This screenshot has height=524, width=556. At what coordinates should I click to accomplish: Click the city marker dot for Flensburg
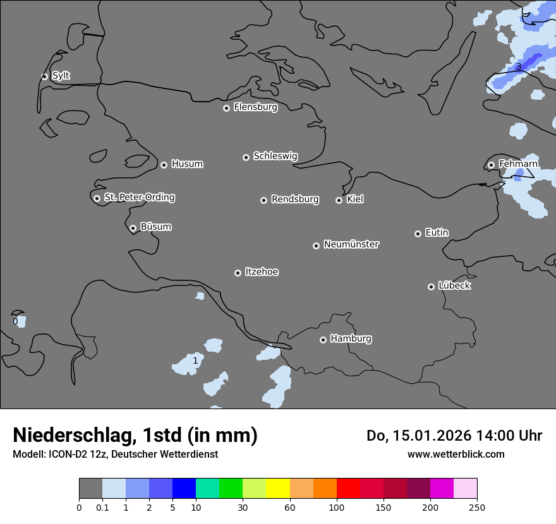[226, 108]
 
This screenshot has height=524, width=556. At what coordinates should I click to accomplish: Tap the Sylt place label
[61, 76]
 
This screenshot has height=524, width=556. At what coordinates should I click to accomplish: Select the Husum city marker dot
[164, 165]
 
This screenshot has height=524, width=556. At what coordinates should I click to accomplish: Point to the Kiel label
[355, 199]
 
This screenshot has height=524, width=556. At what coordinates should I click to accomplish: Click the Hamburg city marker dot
[323, 340]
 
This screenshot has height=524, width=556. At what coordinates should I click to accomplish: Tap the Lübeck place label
[454, 286]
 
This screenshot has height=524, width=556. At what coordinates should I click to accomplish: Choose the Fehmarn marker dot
[491, 165]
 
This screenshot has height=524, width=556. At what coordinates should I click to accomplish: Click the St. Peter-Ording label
[139, 198]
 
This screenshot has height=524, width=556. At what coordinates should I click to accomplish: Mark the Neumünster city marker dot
[316, 246]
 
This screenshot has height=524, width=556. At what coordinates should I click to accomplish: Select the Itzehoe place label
[262, 272]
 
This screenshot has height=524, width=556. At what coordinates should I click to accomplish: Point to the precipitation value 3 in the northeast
[518, 67]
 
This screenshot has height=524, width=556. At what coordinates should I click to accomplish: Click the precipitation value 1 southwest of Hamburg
[195, 361]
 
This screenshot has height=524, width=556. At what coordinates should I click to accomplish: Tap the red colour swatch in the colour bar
[348, 489]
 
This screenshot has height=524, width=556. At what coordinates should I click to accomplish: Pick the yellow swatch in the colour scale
[277, 489]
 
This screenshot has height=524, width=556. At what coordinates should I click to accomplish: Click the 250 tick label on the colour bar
[477, 506]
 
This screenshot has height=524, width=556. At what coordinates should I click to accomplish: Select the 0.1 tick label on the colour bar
[102, 506]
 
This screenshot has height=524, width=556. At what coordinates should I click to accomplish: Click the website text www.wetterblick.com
[456, 454]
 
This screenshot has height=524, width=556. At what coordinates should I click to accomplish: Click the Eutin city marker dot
[418, 234]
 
